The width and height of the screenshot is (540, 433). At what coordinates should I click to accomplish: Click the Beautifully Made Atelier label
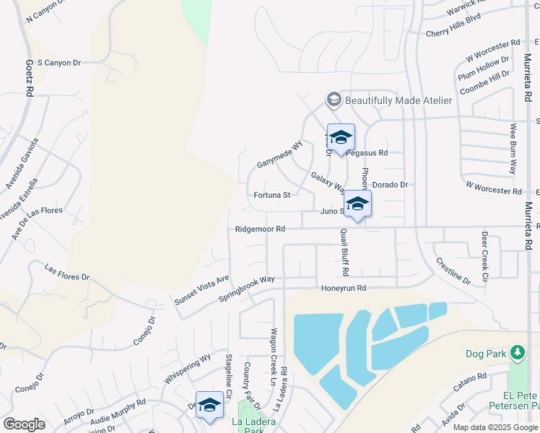pyautogui.click(x=399, y=100)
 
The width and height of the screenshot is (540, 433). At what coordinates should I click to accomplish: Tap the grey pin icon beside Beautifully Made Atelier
pyautogui.click(x=334, y=100)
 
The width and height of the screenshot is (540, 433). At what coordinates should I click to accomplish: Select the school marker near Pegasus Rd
pyautogui.click(x=341, y=138)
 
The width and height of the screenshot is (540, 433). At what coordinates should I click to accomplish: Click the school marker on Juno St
pyautogui.click(x=357, y=204)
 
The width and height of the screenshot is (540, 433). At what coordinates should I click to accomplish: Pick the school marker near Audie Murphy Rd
pyautogui.click(x=209, y=406)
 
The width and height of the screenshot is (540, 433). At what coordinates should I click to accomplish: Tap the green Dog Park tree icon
pyautogui.click(x=517, y=353)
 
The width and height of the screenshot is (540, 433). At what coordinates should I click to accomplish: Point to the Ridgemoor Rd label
pyautogui.click(x=260, y=229)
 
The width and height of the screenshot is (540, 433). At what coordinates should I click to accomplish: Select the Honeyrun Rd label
pyautogui.click(x=344, y=288)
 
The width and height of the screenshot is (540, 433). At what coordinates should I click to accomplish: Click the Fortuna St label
pyautogui.click(x=272, y=195)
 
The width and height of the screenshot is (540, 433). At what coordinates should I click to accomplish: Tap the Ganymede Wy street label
pyautogui.click(x=279, y=154)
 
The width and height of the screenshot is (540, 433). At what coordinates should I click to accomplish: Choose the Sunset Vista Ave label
pyautogui.click(x=202, y=289)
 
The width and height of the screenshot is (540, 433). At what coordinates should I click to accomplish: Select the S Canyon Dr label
pyautogui.click(x=58, y=63)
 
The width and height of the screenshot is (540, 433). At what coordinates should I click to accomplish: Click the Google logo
pyautogui.click(x=24, y=424)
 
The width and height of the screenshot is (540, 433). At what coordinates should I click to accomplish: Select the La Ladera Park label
pyautogui.click(x=248, y=426)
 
